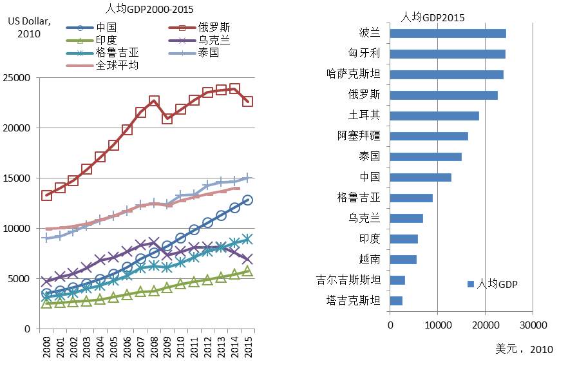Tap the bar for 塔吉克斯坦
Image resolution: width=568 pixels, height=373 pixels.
pos(396,301)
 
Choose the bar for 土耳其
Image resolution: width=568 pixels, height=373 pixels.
pos(434,116)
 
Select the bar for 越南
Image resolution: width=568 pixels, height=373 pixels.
pos(403,260)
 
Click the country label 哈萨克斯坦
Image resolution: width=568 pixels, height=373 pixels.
pos(354,75)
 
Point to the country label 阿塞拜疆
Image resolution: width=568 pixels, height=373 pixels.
pos(359,136)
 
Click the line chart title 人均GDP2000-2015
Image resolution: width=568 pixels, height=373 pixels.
pos(149,9)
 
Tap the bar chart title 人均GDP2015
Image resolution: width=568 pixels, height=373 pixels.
pos(432,17)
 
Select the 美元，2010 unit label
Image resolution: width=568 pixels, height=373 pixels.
pos(524,349)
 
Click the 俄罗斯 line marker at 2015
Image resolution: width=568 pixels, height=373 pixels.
pos(247,101)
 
